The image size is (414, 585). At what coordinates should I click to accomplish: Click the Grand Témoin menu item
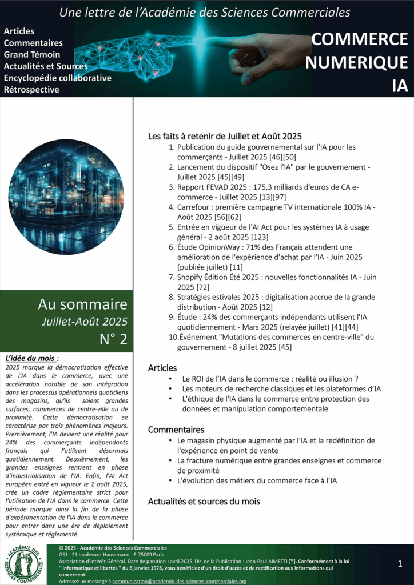pos(30,55)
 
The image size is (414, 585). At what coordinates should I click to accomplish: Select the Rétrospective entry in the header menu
pos(31,90)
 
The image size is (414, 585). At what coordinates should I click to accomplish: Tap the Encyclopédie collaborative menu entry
pos(57,78)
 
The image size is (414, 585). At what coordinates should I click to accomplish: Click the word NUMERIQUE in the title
pos(356,62)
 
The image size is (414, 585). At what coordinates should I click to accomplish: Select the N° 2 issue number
pos(113,339)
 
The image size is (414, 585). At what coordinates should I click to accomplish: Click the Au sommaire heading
pos(82,304)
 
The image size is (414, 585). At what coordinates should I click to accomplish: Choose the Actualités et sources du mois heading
pos(204,502)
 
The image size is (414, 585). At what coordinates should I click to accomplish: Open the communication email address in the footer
pos(179,581)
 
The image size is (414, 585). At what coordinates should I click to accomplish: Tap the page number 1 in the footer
pos(400,564)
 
